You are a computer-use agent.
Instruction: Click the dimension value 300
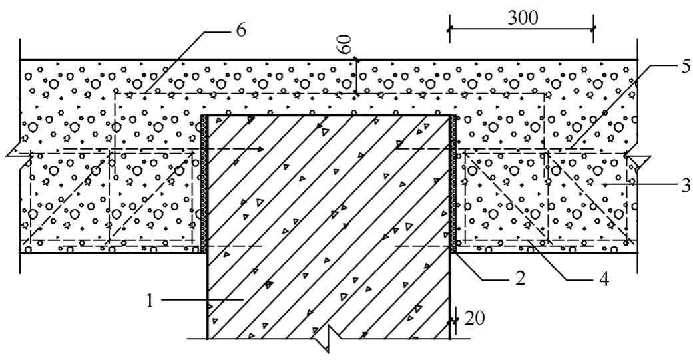(523, 18)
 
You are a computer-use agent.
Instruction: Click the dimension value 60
(346, 44)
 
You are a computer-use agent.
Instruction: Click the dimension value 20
(474, 319)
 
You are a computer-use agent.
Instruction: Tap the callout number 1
(150, 301)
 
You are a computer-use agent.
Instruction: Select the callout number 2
(520, 278)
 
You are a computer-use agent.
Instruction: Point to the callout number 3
(686, 185)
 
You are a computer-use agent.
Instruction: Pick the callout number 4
(604, 279)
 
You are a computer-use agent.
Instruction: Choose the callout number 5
(686, 67)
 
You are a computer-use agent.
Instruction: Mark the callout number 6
(241, 31)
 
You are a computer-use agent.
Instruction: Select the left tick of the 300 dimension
(450, 29)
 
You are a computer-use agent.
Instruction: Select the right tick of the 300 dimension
(593, 29)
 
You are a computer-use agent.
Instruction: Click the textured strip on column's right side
(453, 184)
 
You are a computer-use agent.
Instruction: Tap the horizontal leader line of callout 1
(202, 300)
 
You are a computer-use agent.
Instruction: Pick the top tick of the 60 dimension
(356, 59)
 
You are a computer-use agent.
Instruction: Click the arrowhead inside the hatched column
(258, 149)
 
